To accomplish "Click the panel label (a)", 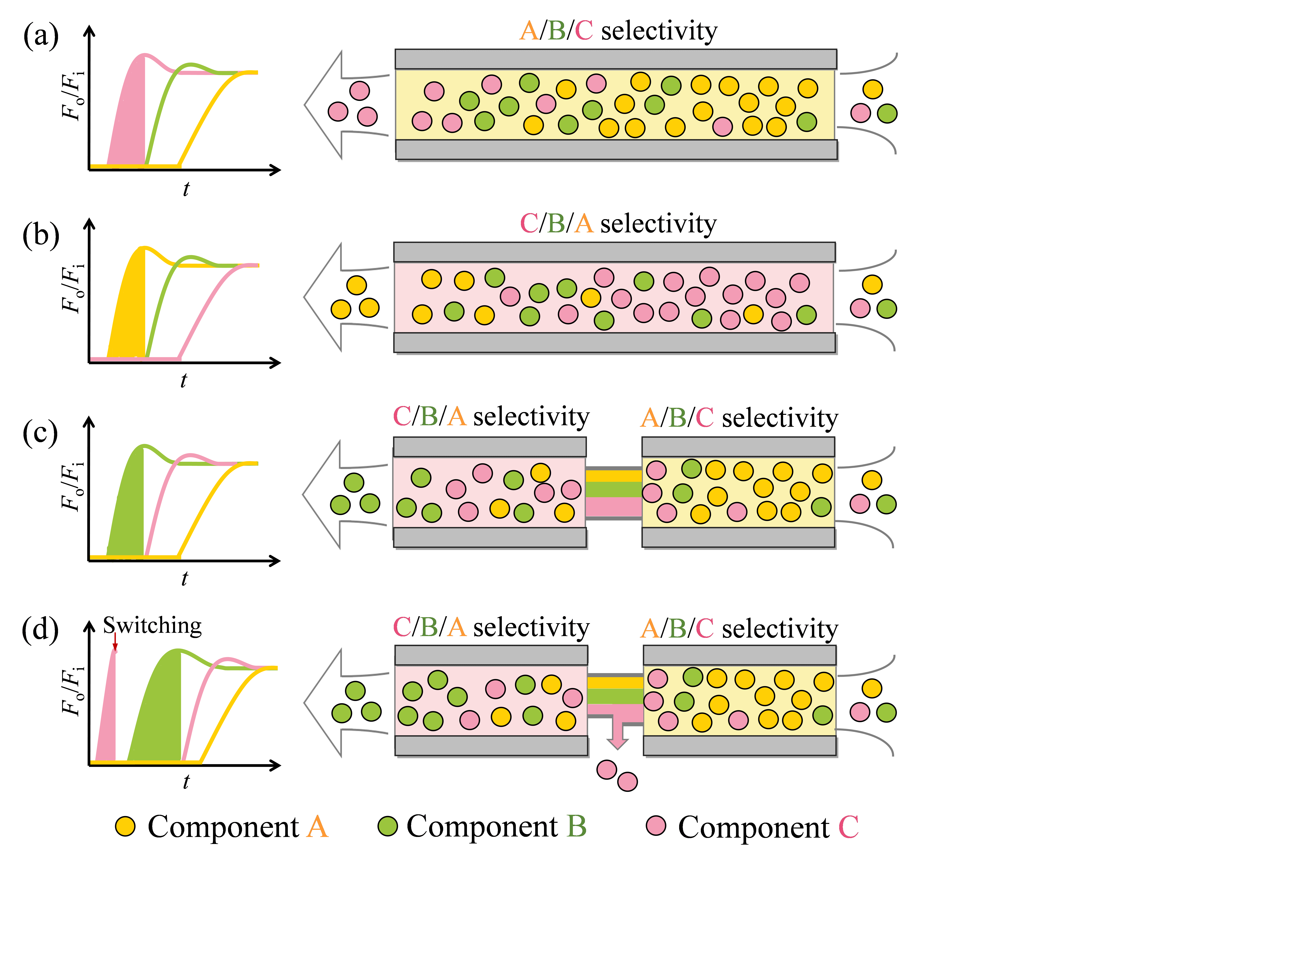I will tap(41, 36).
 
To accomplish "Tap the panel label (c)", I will tap(40, 433).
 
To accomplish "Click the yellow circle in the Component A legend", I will tap(125, 826).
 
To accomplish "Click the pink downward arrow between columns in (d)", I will tap(617, 735).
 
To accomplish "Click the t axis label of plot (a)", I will tap(186, 189).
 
